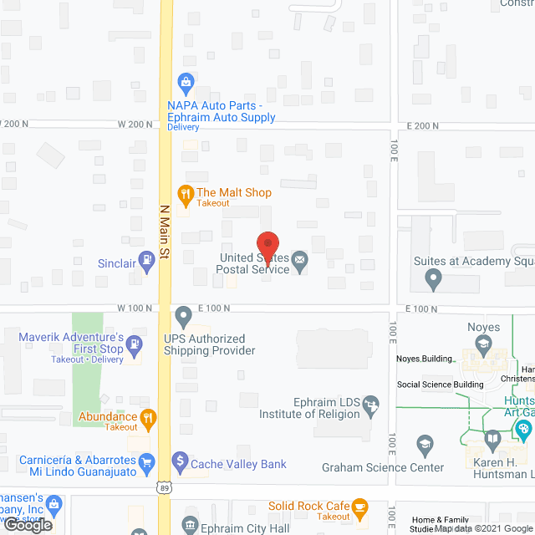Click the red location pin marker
[266, 242]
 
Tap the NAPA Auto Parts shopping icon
[185, 82]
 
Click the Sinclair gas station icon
[147, 261]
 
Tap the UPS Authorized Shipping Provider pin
[184, 317]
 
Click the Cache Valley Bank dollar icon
[179, 461]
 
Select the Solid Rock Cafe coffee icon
[360, 507]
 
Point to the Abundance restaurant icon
[148, 417]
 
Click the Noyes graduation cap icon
[483, 343]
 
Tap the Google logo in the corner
[28, 524]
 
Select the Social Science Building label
[440, 385]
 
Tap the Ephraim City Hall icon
[190, 527]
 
